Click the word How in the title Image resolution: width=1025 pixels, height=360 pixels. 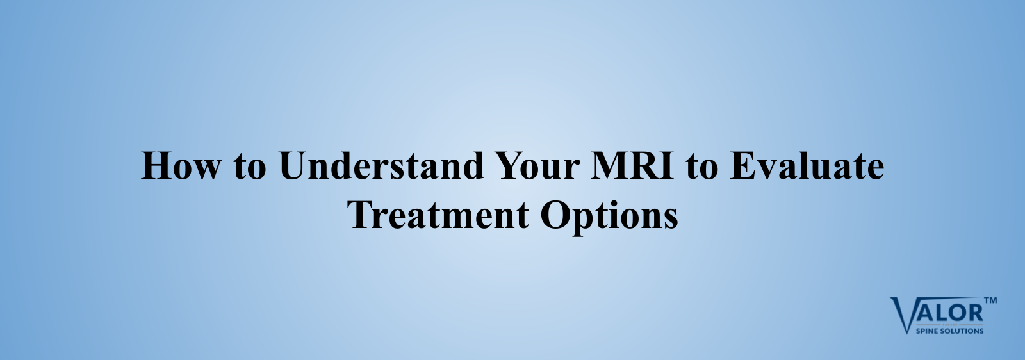tap(180, 165)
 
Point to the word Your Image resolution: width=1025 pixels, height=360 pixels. tap(538, 165)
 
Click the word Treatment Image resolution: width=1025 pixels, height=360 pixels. tap(438, 215)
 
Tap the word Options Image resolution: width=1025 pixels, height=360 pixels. tap(609, 217)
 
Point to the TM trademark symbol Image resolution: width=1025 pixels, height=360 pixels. tap(990, 300)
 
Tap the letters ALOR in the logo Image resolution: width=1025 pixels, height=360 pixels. tap(948, 313)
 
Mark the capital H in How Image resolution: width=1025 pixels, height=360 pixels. tap(157, 165)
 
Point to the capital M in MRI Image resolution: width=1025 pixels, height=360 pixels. tap(610, 165)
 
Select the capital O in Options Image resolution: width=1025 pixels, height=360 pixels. tap(555, 215)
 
